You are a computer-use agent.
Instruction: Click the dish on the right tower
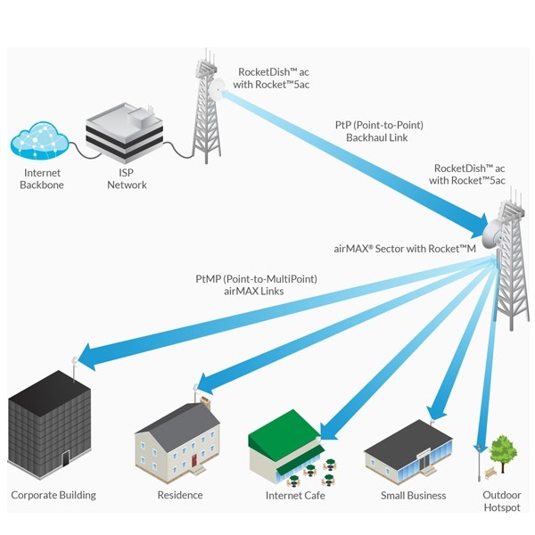tap(492, 234)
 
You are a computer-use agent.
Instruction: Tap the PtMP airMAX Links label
tap(257, 285)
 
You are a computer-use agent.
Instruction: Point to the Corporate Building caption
tap(53, 495)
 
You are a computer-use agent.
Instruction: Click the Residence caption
tap(179, 495)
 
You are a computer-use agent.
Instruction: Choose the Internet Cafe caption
tap(296, 496)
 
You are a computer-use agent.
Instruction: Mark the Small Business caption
tap(413, 496)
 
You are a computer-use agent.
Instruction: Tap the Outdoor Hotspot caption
tap(502, 501)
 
